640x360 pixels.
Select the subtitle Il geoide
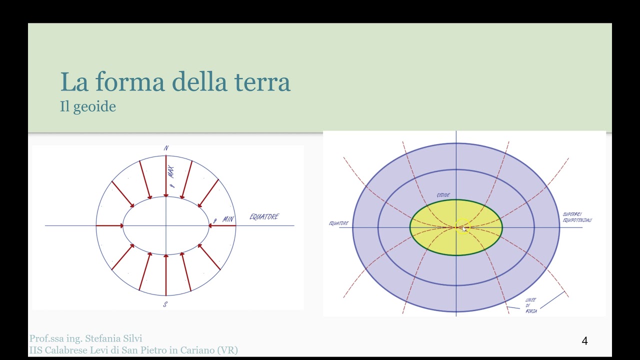click(88, 106)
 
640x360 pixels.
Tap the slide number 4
click(584, 341)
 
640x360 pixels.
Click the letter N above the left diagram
click(166, 148)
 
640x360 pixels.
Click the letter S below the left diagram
click(165, 304)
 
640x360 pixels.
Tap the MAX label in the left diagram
click(171, 172)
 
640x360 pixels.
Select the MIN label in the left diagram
click(228, 219)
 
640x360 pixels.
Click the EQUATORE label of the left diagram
click(264, 216)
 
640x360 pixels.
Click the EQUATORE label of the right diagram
click(338, 223)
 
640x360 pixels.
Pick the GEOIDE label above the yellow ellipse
click(443, 195)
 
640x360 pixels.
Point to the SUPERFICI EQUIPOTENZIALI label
click(576, 217)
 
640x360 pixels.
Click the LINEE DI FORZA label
click(531, 305)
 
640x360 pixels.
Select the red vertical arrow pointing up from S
click(166, 274)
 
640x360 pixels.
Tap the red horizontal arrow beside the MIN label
click(222, 226)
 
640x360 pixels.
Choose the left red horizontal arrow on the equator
click(109, 226)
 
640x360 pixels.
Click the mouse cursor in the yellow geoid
click(464, 229)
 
